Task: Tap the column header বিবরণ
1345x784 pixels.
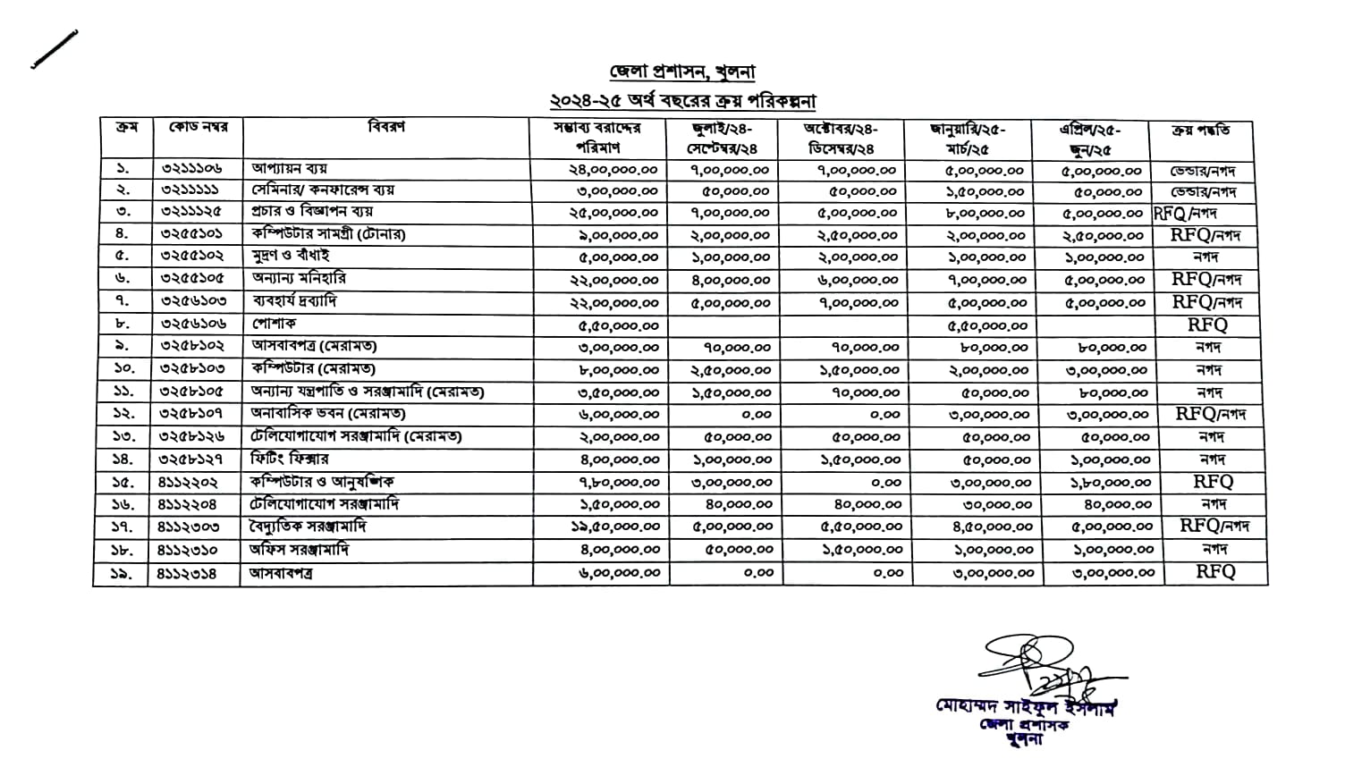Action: point(386,128)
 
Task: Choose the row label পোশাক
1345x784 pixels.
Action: point(274,324)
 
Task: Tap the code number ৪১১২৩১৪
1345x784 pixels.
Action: point(187,573)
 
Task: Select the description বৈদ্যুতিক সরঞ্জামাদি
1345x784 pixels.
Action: point(309,527)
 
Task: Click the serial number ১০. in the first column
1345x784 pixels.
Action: point(123,368)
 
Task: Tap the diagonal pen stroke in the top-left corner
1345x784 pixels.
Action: point(54,49)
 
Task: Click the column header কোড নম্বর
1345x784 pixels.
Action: point(198,128)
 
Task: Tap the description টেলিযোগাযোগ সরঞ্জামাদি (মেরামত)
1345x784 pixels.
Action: point(355,436)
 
